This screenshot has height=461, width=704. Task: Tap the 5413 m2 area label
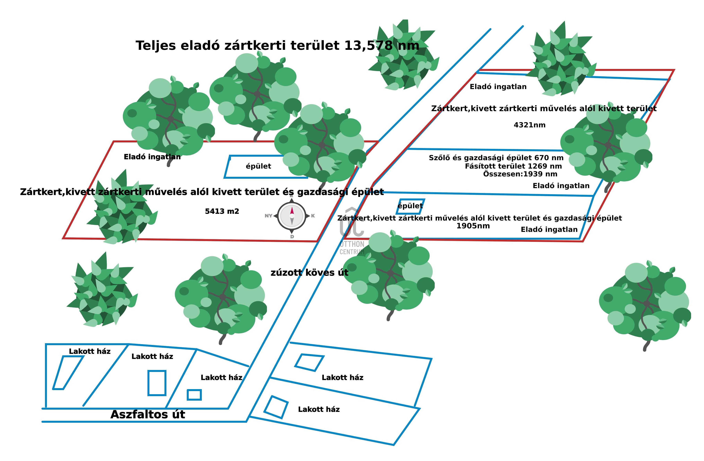coord(222,211)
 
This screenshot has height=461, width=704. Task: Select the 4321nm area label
coord(530,125)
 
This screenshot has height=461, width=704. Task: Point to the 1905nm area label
coord(473,226)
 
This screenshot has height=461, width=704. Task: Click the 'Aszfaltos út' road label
coord(148,414)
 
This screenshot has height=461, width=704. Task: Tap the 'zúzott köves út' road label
coord(309,272)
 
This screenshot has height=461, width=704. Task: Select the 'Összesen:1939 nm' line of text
coord(520,174)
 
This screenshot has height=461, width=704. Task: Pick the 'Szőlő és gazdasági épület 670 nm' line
coord(496,158)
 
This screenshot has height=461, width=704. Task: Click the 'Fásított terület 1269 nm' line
coord(513,166)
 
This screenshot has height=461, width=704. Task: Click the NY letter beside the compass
coord(268,216)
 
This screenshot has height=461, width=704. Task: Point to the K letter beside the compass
coord(313,216)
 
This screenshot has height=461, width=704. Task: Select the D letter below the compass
coord(292,237)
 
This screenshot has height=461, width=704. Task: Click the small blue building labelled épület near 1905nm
coord(410,206)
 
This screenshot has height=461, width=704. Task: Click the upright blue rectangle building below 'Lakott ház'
coord(157,383)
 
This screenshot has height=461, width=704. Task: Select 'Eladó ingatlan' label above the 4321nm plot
coord(498,87)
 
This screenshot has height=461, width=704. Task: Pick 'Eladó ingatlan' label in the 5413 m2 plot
coord(152,157)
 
